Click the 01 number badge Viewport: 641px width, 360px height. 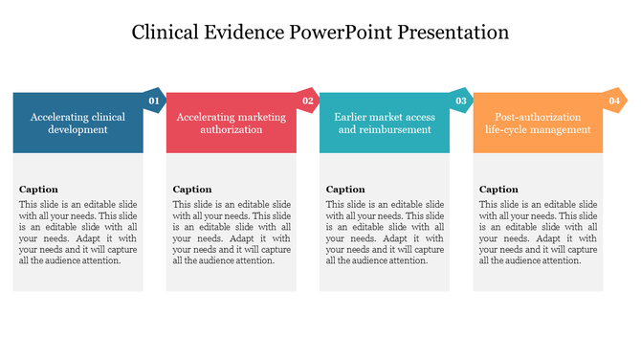tap(154, 101)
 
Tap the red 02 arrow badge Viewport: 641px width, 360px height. tap(307, 101)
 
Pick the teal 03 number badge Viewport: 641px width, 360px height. tap(460, 101)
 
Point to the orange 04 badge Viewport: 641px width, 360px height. tap(613, 101)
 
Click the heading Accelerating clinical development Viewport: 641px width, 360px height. tap(77, 124)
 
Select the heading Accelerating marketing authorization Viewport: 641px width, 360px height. tap(231, 124)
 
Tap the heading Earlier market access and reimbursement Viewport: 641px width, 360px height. tap(384, 124)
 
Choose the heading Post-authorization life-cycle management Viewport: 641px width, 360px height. tap(538, 124)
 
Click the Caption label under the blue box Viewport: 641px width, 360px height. tap(38, 190)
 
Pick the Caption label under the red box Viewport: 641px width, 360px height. tap(192, 190)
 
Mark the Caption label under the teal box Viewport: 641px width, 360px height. tap(345, 190)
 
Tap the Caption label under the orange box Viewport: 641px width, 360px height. tap(498, 190)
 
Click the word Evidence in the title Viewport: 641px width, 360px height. tap(252, 32)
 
